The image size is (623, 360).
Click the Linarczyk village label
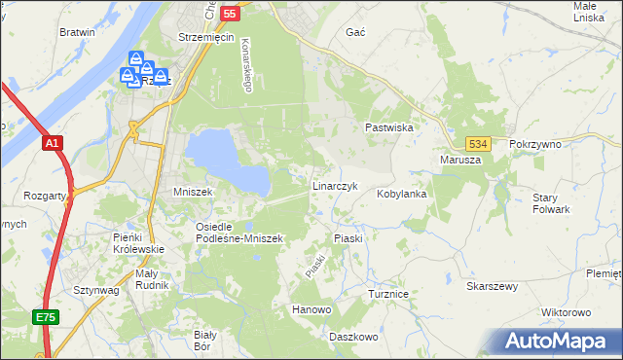coord(336,185)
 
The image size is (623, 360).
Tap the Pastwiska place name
coord(390,127)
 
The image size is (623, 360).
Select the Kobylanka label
coord(403,194)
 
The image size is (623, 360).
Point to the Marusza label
coord(461,160)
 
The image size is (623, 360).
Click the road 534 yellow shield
coord(476,143)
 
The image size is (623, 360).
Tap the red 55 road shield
coord(230,14)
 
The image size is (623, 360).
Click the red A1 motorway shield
coord(53,143)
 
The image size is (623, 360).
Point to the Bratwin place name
coord(78,31)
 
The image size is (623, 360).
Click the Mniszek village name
coord(193,192)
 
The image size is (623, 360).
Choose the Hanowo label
coord(312,309)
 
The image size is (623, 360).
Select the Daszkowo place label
coord(352,336)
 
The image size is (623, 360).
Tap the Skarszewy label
coord(492,287)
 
